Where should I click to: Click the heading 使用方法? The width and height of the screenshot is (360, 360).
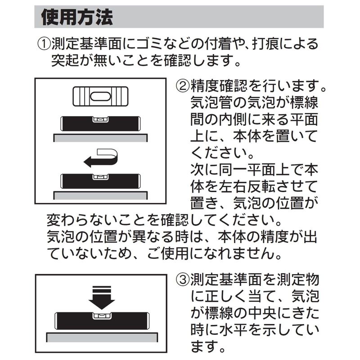(77, 17)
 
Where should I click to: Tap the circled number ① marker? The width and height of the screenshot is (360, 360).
(44, 44)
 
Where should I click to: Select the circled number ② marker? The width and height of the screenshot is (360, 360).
(183, 86)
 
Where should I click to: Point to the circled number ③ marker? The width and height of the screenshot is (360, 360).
(183, 280)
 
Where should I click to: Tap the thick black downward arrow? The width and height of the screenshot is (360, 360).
(102, 297)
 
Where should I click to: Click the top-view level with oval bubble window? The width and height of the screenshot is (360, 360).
(100, 96)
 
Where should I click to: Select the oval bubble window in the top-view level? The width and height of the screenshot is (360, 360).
(100, 96)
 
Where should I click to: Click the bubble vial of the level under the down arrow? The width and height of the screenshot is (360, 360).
(102, 316)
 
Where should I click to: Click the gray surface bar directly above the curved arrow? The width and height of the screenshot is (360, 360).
(100, 138)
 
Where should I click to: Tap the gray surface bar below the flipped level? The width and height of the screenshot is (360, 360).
(100, 195)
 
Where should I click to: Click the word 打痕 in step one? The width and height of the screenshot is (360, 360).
(266, 44)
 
